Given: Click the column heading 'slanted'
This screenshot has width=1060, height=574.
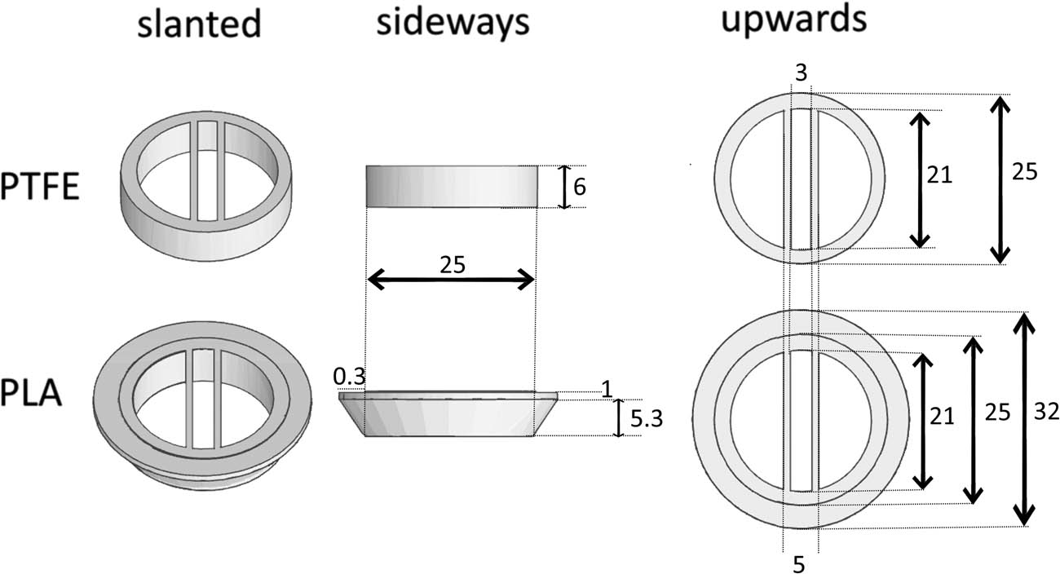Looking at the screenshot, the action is [199, 23].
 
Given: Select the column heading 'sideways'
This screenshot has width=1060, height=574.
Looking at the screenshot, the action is [453, 23].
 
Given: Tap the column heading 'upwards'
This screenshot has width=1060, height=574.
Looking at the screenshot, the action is [793, 20].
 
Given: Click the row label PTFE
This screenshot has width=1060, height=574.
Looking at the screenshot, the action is [40, 188].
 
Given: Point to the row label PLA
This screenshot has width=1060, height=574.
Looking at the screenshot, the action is [31, 393].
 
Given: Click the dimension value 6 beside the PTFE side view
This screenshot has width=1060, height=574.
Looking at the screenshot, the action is [579, 187].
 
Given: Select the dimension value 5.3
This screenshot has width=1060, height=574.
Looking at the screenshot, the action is [647, 419].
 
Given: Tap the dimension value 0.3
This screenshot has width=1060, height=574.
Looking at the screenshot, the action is [349, 377].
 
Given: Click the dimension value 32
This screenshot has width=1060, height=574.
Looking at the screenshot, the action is [1046, 412].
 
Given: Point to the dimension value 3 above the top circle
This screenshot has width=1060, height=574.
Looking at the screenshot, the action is [802, 73].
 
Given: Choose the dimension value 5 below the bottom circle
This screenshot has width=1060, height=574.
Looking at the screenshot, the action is [799, 565].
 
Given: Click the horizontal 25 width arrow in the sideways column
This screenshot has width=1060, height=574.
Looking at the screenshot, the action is [451, 279].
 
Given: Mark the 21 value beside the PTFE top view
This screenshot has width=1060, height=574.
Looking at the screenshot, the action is [939, 175].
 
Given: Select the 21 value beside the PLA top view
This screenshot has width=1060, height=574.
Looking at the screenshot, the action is [941, 417].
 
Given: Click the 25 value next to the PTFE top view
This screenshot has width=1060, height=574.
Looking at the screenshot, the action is [1024, 172].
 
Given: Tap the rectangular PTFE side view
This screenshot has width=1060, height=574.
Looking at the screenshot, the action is [452, 187].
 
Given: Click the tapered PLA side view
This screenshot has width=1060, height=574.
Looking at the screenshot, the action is [448, 413].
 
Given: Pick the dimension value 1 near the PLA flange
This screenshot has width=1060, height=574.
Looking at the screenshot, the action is [607, 390].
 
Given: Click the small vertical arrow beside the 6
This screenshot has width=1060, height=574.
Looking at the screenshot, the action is [563, 187].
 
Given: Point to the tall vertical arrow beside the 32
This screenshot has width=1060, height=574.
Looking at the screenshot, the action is [1023, 420].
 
